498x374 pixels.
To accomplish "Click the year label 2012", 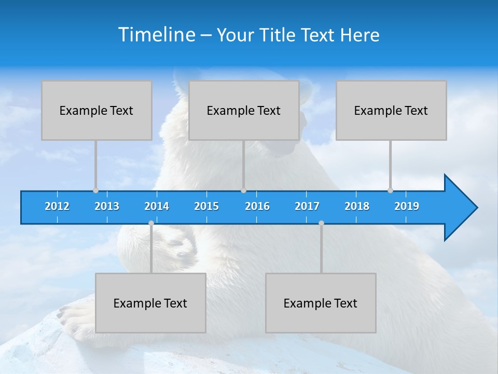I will pos(57,206).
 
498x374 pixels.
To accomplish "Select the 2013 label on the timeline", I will pos(107,206).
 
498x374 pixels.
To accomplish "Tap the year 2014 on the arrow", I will pos(157,206).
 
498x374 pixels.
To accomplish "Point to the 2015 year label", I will pos(206,206).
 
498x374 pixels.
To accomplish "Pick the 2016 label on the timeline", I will pos(257,206).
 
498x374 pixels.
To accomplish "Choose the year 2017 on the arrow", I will pos(307,206).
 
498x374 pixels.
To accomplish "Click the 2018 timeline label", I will pos(357,206).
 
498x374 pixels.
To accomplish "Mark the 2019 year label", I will pos(407,206).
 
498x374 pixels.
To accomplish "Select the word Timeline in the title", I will pos(156,35).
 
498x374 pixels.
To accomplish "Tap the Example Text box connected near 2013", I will pos(96,110).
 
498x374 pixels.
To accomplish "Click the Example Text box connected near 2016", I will pos(244,110).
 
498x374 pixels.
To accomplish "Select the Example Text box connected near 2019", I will pos(391,110).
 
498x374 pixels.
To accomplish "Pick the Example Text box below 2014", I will pos(150,303).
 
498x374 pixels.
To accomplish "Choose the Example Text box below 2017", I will pos(321,303).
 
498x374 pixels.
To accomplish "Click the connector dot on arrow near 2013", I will pos(95,190).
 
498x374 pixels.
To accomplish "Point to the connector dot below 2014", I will pos(151,223).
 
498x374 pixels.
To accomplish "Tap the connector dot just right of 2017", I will pos(321,223).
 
